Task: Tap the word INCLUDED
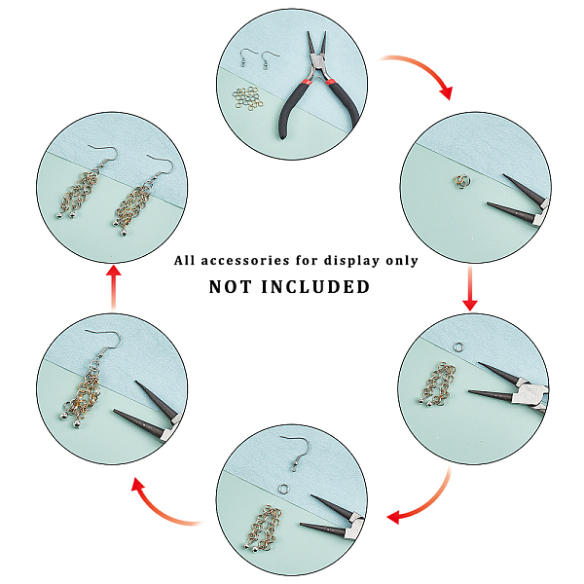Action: click(315, 287)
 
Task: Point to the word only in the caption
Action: click(402, 261)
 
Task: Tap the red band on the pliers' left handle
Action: click(306, 83)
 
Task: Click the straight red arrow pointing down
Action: click(470, 288)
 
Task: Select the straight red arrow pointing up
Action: click(114, 287)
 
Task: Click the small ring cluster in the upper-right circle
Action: click(462, 181)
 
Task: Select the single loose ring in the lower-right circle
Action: click(458, 347)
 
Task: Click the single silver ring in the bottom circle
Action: click(283, 488)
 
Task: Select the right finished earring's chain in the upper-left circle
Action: click(133, 206)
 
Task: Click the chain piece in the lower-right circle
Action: click(439, 384)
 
